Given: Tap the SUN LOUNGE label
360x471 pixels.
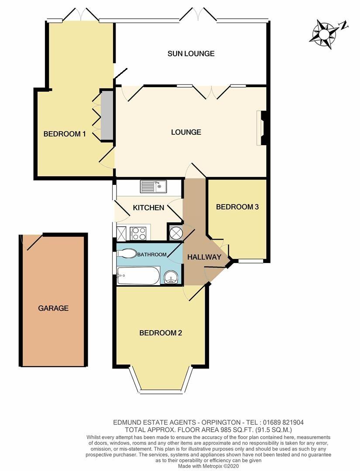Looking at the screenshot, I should [191, 54].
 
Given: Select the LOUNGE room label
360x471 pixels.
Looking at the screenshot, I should [186, 132].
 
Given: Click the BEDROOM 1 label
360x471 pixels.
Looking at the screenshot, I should [65, 134].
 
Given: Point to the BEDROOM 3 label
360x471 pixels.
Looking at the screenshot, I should [237, 207].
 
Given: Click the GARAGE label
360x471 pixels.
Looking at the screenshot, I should [53, 308].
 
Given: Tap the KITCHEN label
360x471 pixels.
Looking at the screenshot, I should [148, 208].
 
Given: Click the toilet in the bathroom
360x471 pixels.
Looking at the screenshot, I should [128, 254].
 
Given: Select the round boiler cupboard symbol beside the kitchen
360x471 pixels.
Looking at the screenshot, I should [175, 233].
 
